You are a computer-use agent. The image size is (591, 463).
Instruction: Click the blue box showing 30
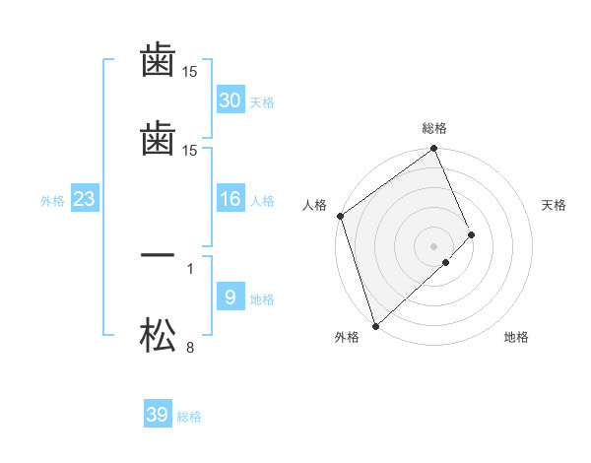tap(230, 100)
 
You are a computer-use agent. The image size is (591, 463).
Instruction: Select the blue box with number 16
tap(230, 200)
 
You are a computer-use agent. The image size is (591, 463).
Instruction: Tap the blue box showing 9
tap(230, 298)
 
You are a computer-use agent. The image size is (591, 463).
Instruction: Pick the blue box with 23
tap(85, 200)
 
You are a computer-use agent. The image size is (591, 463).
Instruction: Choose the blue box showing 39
tap(158, 415)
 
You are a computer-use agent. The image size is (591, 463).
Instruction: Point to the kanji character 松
tap(158, 338)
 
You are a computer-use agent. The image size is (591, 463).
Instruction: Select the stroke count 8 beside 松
tap(190, 347)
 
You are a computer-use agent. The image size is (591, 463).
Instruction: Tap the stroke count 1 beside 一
tap(190, 267)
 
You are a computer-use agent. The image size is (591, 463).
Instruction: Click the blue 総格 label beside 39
tap(189, 418)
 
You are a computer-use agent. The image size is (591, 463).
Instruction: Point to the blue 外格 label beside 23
tap(52, 201)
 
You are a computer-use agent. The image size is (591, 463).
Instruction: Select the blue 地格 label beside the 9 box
tap(262, 299)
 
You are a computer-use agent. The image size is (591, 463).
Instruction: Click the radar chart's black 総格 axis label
tap(434, 128)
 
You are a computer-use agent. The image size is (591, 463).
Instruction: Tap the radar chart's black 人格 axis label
tap(315, 205)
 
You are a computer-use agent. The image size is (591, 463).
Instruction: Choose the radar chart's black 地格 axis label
tap(516, 338)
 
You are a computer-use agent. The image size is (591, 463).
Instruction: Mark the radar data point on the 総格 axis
tap(434, 151)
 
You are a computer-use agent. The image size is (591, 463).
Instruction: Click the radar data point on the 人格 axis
tap(340, 216)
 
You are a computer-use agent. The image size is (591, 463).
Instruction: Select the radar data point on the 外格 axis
tap(375, 325)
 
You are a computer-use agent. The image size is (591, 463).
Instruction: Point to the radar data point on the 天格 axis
tap(472, 234)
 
